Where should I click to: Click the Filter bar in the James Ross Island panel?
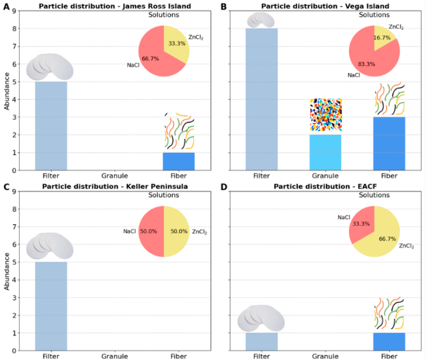[51, 126]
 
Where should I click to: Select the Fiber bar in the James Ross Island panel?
[178, 162]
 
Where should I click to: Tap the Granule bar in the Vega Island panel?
[326, 153]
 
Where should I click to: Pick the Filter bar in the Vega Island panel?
[262, 99]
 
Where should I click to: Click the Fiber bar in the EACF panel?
[389, 342]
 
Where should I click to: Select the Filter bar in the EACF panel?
[262, 342]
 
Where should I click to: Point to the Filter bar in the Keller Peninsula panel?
[51, 306]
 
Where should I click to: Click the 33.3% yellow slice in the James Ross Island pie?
[176, 44]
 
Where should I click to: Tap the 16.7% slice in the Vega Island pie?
[383, 37]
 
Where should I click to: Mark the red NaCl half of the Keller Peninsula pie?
[151, 232]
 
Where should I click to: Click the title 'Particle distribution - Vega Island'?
[325, 6]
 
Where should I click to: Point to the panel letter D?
[224, 187]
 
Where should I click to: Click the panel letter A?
[6, 6]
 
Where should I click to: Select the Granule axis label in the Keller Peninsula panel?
[115, 356]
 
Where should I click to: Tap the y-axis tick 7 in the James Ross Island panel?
[14, 46]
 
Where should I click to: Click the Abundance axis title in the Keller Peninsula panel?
[6, 271]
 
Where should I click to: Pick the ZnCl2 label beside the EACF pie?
[406, 246]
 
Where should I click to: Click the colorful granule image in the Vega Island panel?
[326, 115]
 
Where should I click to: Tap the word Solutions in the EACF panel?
[374, 195]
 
